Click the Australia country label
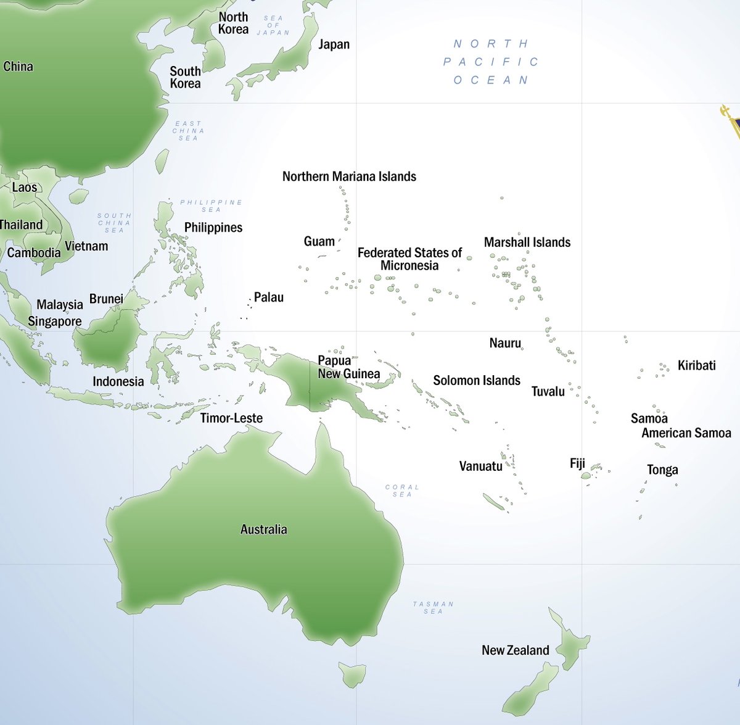click(263, 529)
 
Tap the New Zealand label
click(515, 650)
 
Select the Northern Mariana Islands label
click(349, 176)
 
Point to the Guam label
click(319, 241)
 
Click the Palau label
click(269, 297)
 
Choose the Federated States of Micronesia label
click(409, 259)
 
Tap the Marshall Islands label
click(527, 242)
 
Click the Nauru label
click(505, 343)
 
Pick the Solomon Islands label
click(477, 381)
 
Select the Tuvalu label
click(548, 391)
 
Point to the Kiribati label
click(696, 365)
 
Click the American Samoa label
click(686, 433)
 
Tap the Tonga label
click(662, 470)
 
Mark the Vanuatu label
click(480, 466)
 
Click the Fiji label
click(577, 463)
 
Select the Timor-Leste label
click(231, 418)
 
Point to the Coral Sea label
click(402, 491)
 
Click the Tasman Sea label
click(433, 608)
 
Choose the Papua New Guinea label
click(348, 367)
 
